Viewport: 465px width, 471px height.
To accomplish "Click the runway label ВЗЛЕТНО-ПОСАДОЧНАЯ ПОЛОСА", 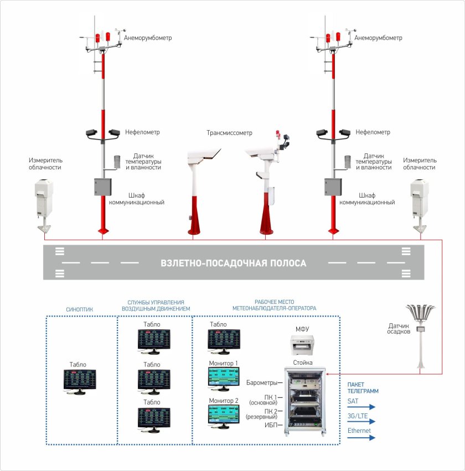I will pyautogui.click(x=232, y=263).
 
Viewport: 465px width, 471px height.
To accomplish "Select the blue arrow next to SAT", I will pyautogui.click(x=361, y=407).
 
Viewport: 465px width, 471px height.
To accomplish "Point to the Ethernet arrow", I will pyautogui.click(x=361, y=437).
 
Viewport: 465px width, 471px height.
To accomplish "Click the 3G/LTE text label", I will pyautogui.click(x=358, y=415).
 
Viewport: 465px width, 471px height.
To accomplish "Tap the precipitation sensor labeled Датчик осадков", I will pyautogui.click(x=421, y=332).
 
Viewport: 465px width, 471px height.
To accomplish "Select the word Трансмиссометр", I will pyautogui.click(x=229, y=133).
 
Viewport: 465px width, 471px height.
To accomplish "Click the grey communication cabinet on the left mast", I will pyautogui.click(x=103, y=187).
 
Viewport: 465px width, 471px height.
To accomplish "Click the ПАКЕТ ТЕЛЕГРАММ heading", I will pyautogui.click(x=363, y=387).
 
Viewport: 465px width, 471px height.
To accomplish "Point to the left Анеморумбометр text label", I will pyautogui.click(x=148, y=38).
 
